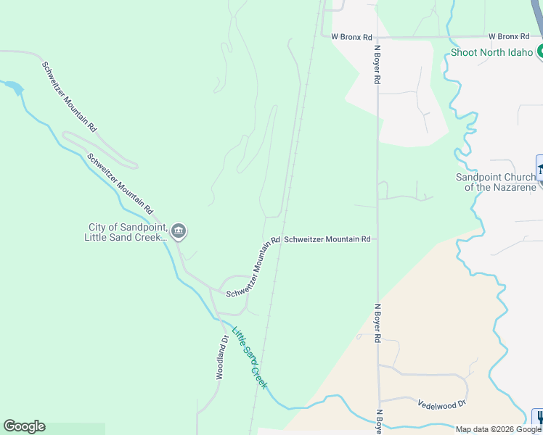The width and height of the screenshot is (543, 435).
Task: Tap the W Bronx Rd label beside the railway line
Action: [351, 36]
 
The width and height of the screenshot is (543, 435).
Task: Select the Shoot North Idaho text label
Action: [492, 52]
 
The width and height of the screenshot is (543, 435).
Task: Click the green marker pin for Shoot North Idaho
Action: [540, 51]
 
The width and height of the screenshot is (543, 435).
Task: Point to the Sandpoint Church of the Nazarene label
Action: [496, 182]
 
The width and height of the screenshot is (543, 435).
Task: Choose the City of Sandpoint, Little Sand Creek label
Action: [125, 231]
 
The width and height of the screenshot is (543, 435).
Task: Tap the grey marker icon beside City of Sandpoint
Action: [179, 232]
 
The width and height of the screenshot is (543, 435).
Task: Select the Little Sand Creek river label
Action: [249, 357]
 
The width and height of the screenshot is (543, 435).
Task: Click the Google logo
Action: [24, 426]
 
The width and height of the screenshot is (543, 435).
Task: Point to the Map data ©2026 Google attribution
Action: [498, 429]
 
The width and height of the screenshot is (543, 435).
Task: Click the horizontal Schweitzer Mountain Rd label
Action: [327, 239]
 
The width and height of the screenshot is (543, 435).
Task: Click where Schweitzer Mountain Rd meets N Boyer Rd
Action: [377, 239]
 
